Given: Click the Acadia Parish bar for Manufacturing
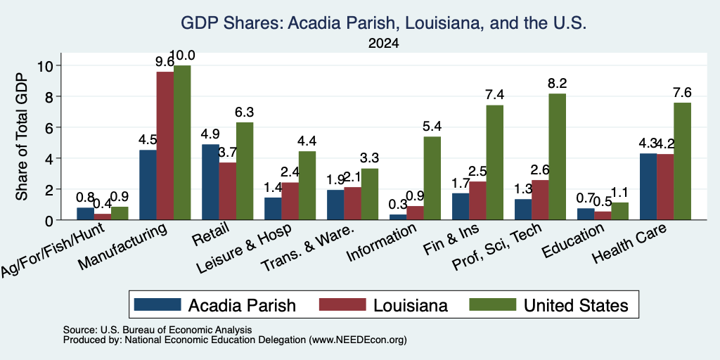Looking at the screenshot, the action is [148, 185].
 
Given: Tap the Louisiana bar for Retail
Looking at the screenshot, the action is [227, 191].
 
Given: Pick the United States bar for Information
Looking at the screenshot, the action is [432, 178].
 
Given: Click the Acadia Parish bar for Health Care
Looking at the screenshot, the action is [648, 186].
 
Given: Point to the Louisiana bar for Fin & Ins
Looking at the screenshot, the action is [477, 200].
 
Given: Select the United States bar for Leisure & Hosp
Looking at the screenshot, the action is [307, 186].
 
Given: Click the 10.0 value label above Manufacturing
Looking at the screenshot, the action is [182, 56].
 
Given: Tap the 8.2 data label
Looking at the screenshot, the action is [558, 84].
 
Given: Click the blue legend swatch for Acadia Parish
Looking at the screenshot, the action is [157, 304].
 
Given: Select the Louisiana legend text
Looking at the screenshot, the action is [411, 305].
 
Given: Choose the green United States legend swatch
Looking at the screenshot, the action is [491, 304].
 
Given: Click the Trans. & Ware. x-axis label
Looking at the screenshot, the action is [308, 248].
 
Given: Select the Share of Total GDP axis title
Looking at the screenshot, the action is [22, 136].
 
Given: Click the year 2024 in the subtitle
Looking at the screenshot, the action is [383, 44].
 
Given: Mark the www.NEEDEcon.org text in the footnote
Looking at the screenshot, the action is [358, 340].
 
